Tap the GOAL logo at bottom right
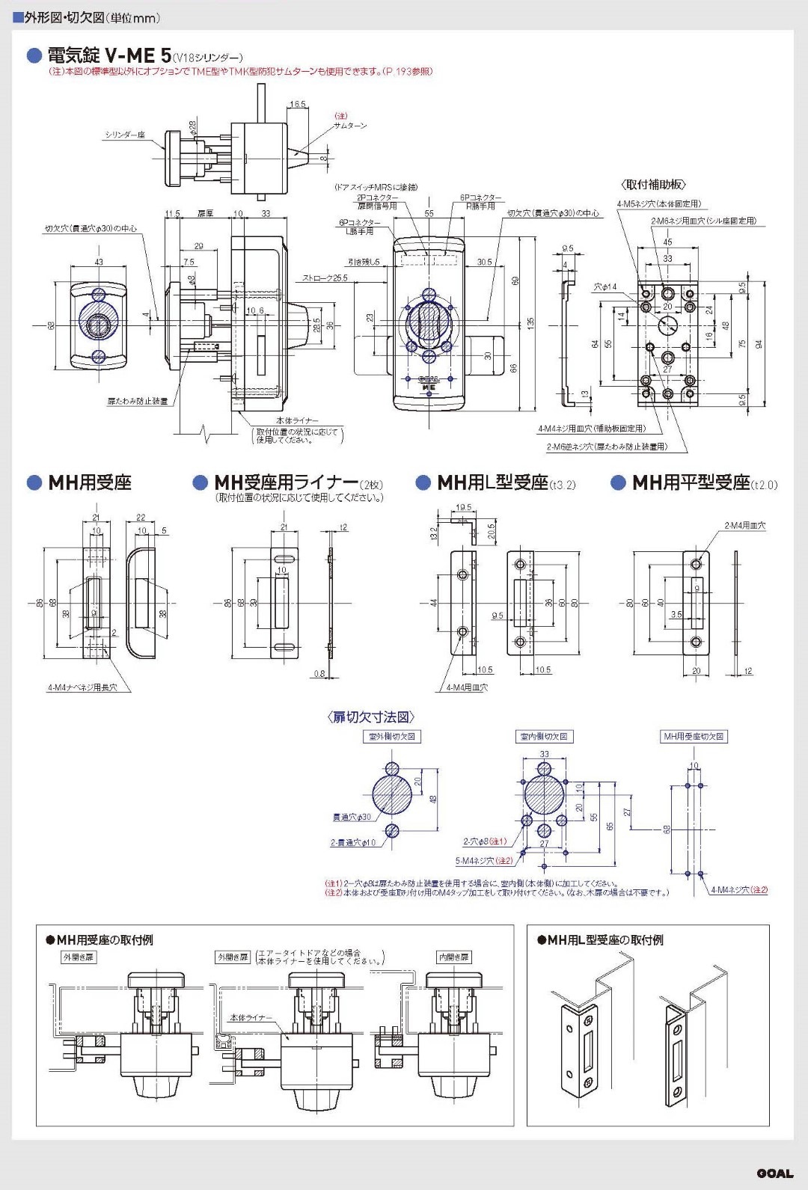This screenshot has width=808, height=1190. coord(774,1173)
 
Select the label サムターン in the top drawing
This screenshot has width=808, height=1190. coord(351,126)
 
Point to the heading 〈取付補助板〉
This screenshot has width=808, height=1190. coord(653,185)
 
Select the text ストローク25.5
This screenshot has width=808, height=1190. coord(325,277)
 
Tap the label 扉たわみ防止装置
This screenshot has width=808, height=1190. coord(137,402)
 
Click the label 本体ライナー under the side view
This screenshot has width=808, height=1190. coord(297,421)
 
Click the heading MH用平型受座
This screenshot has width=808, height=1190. coord(690,483)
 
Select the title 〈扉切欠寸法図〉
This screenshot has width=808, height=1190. coord(371,717)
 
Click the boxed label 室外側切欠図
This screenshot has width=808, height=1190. coord(391,737)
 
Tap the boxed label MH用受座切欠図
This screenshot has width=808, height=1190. coord(694,737)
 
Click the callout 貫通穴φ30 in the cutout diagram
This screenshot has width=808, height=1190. coord(352,818)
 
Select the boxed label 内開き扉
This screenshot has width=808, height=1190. coord(453,957)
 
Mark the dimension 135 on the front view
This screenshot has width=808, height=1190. coord(530,323)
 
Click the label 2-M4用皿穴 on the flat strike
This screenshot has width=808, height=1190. coord(744,526)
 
